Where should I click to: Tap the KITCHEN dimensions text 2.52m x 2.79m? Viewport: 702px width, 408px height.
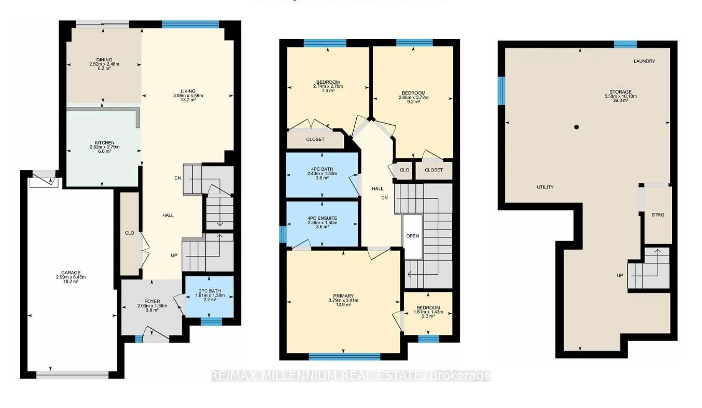(104, 147)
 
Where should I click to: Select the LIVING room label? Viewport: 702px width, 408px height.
(188, 91)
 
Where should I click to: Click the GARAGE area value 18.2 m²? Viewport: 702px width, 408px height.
(71, 282)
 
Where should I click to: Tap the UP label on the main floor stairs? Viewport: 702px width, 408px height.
(174, 256)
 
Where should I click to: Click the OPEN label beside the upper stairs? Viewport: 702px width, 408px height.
(413, 236)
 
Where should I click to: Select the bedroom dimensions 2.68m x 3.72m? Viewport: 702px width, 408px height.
(413, 97)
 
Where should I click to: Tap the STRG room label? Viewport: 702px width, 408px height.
(658, 215)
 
